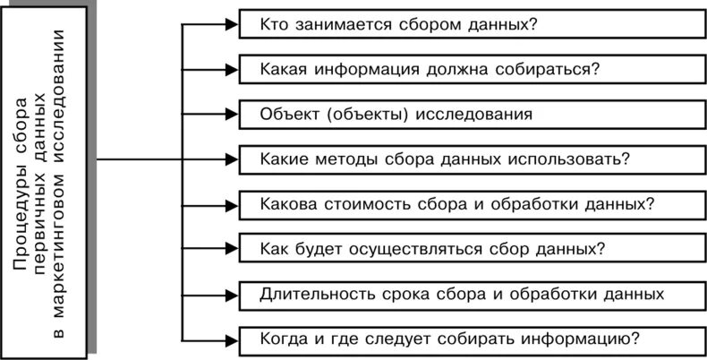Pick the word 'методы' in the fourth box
coord(355,159)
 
